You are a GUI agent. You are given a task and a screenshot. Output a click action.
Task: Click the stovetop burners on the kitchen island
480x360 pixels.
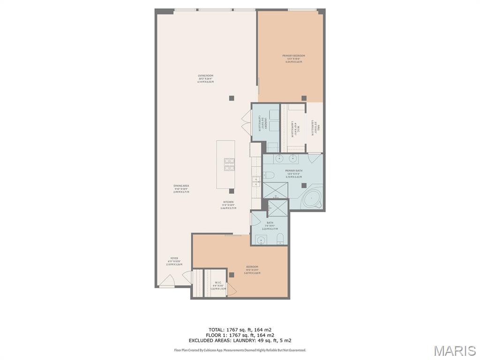229,164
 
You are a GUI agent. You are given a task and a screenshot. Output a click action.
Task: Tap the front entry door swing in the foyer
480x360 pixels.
166,281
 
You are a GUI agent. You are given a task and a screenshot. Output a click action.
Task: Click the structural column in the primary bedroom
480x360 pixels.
304,98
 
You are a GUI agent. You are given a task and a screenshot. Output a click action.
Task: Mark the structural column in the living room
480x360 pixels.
231,97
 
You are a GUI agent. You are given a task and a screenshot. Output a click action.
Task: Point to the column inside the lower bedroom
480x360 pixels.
231,275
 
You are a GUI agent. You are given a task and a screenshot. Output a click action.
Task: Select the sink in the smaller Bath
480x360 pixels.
262,241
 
